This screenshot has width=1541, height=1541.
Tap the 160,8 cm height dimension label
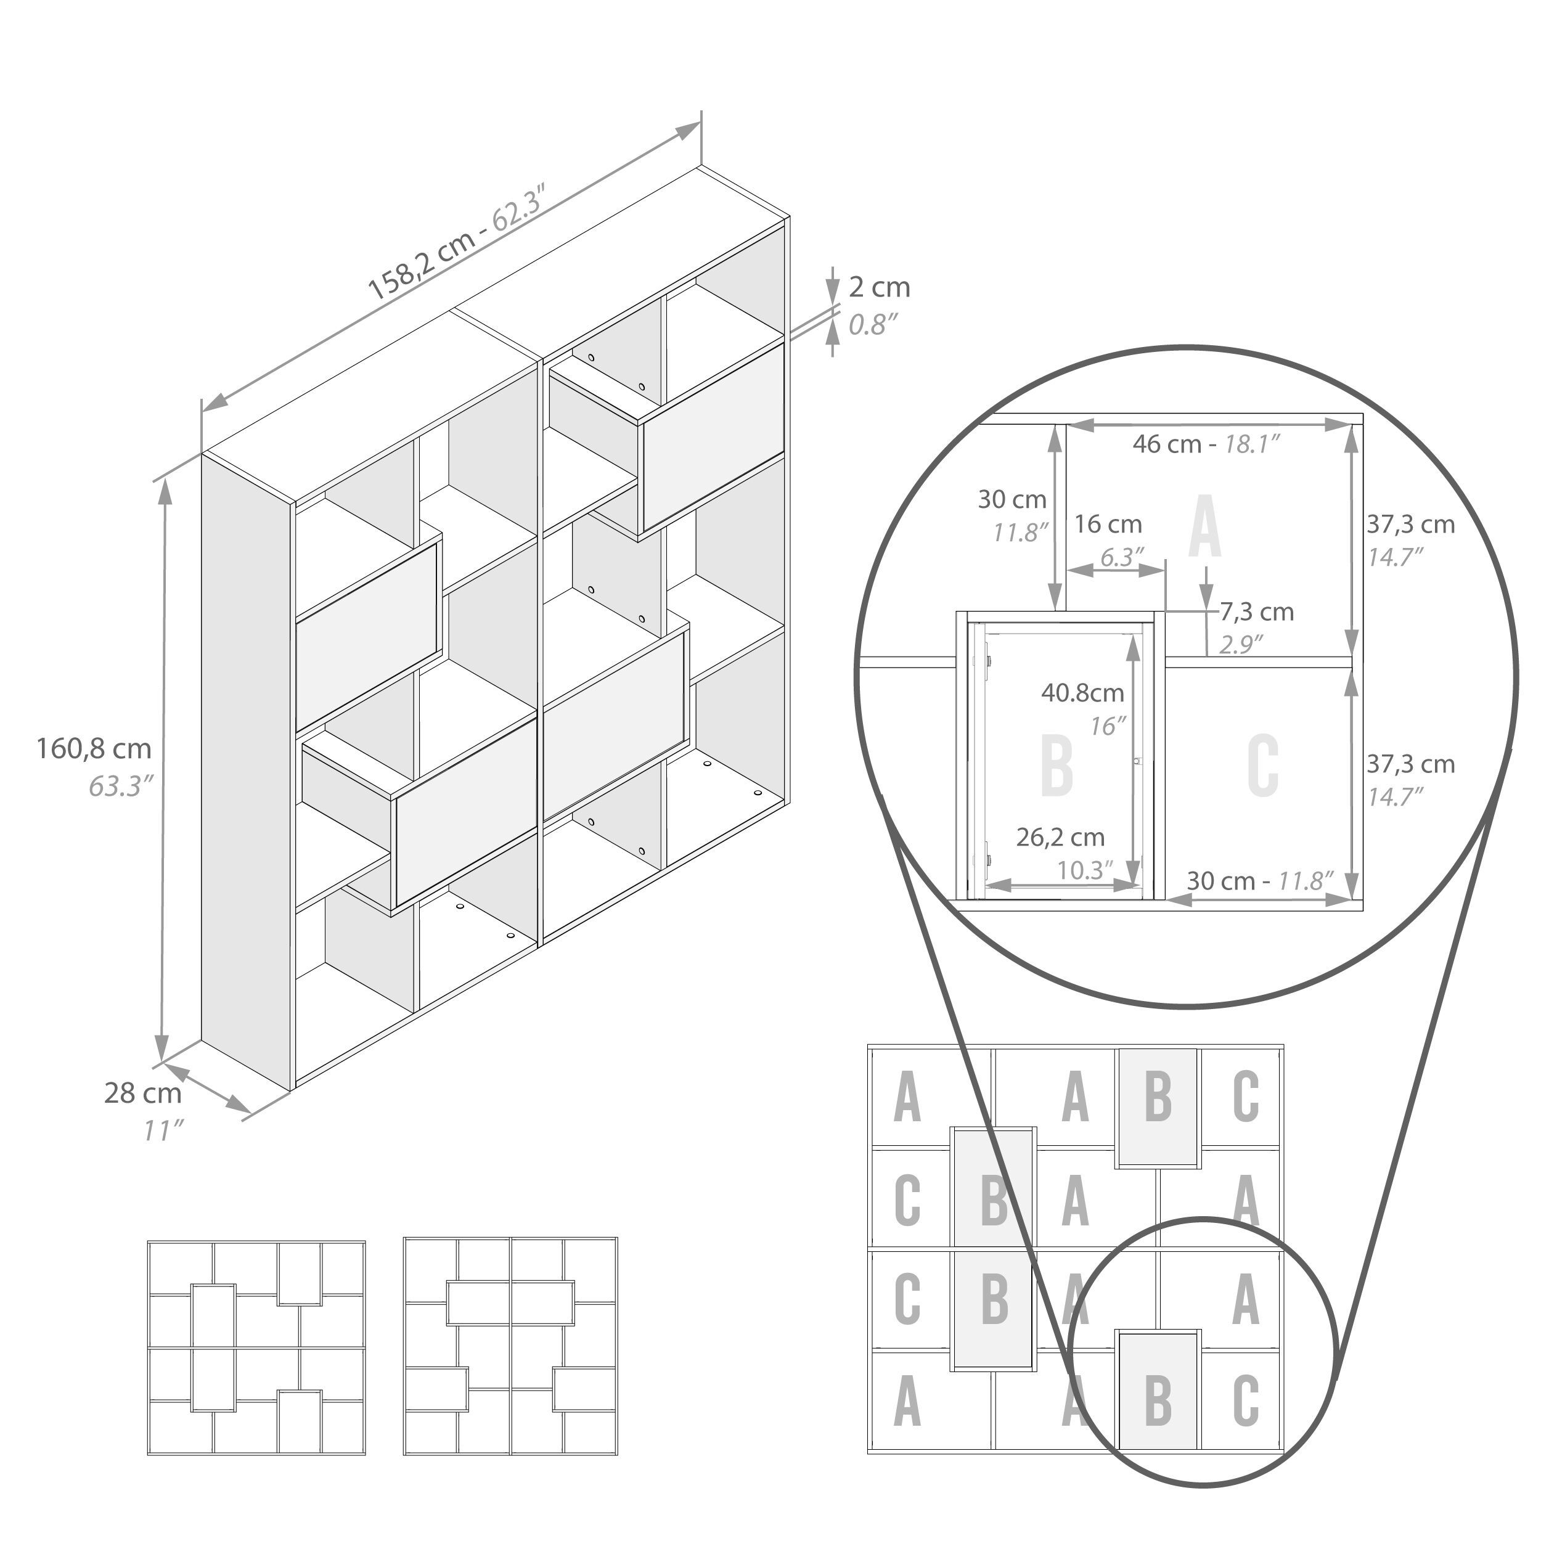tap(94, 748)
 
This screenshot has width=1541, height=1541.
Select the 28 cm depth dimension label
tap(143, 1093)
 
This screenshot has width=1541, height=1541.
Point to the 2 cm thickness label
tap(879, 287)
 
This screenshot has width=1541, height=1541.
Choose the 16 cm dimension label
tap(1108, 524)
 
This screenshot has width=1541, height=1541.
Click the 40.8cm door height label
tap(1082, 692)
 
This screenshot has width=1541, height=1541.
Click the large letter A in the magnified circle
tap(1204, 526)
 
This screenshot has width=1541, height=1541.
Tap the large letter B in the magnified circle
tap(1058, 765)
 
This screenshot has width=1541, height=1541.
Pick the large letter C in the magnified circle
tap(1262, 765)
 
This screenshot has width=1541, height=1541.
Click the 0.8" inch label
tap(873, 325)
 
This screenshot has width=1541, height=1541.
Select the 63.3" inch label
tap(120, 787)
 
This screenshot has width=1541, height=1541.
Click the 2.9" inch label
tap(1240, 645)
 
